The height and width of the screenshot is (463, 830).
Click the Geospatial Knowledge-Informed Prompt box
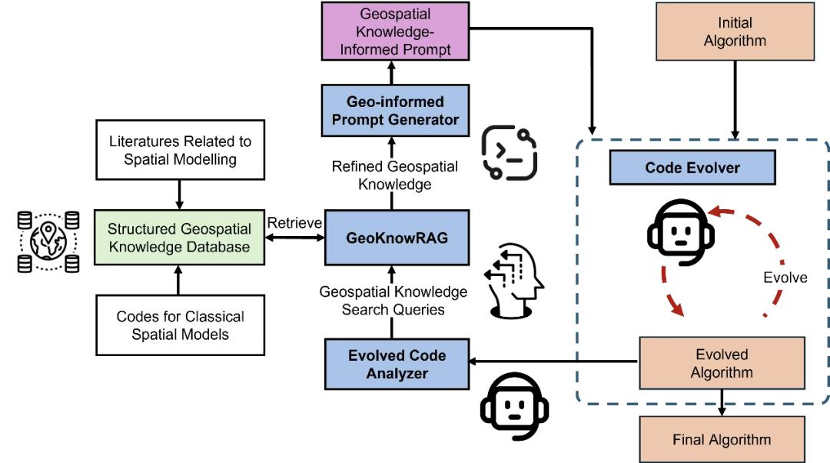click(x=395, y=32)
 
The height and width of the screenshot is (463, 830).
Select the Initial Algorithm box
click(x=735, y=32)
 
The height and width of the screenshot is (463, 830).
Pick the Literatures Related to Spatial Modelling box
click(x=179, y=152)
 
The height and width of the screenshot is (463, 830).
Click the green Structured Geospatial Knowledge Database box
click(x=179, y=238)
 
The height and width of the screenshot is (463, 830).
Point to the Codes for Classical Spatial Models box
click(x=179, y=325)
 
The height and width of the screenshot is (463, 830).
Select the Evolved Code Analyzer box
click(x=396, y=364)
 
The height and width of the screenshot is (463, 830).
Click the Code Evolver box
click(x=692, y=168)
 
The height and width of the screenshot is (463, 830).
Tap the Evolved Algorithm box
click(x=722, y=363)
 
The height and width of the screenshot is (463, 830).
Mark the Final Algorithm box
click(x=722, y=439)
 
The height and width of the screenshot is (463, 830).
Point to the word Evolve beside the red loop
click(x=785, y=278)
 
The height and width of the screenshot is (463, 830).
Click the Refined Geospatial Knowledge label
click(x=395, y=175)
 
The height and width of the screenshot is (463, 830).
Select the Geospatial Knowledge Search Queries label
click(x=393, y=301)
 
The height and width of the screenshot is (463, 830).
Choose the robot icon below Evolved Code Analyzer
click(x=507, y=406)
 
